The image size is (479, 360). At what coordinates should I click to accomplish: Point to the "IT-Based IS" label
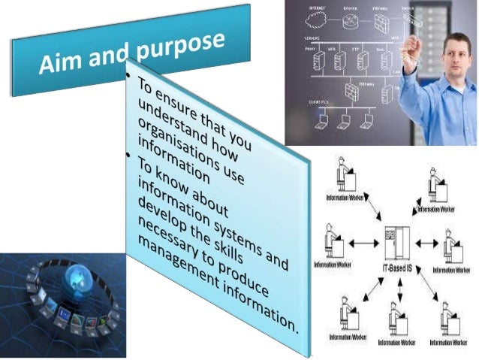click(x=395, y=266)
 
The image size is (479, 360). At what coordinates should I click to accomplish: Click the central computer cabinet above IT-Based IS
click(x=395, y=241)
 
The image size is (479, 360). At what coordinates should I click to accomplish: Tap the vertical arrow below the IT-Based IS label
click(x=399, y=289)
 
